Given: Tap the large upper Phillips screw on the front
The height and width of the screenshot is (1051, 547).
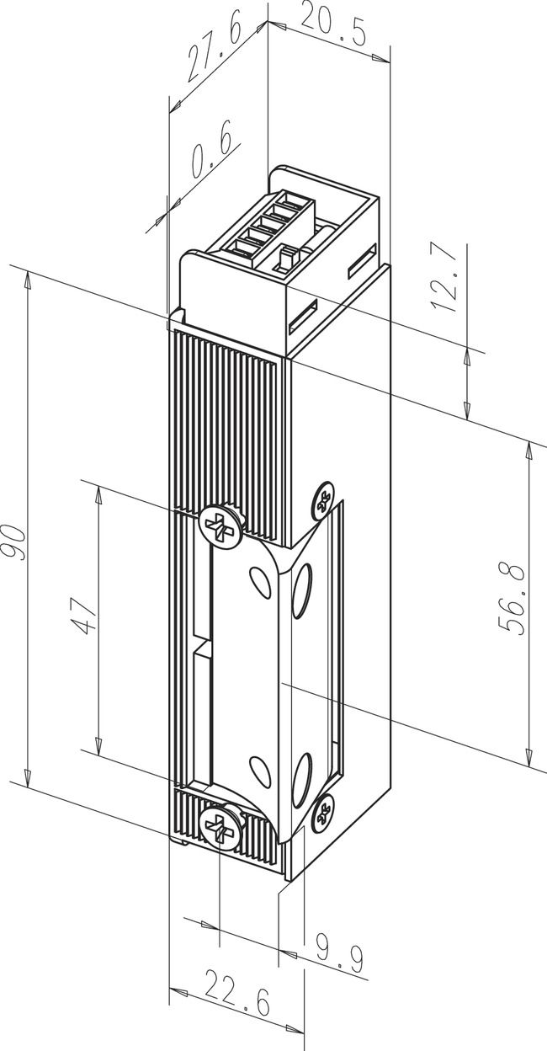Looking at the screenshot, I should (220, 528).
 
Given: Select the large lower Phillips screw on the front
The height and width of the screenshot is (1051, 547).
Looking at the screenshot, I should (220, 825).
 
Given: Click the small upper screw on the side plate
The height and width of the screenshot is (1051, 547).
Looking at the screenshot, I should (322, 502).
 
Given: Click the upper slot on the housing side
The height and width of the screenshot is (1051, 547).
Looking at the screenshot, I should (363, 262).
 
